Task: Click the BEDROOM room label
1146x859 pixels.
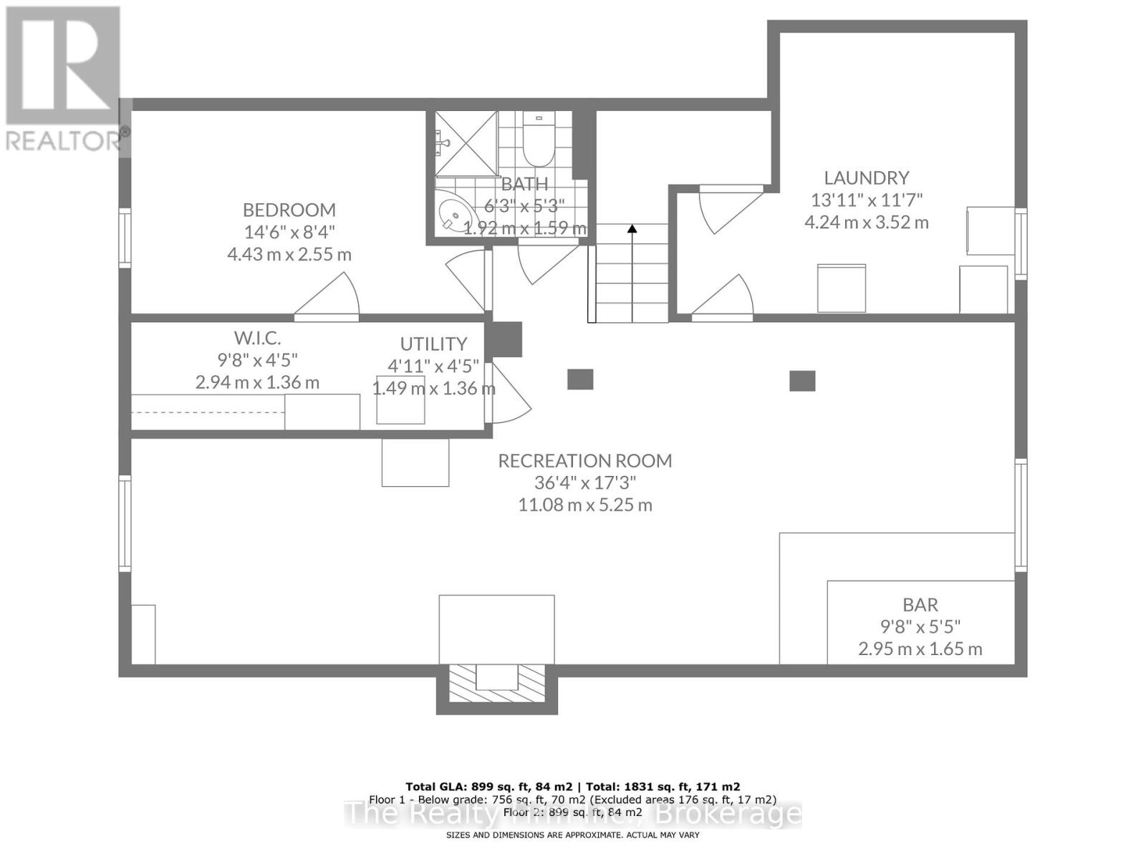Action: (x=289, y=210)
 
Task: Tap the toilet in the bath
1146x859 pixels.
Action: (x=535, y=140)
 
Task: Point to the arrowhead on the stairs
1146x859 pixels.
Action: (x=632, y=229)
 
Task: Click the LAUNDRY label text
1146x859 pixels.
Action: (x=866, y=178)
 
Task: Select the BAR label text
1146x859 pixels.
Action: (x=920, y=605)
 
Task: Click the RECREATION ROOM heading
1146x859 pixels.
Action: (x=584, y=460)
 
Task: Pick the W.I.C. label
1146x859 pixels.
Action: (x=257, y=337)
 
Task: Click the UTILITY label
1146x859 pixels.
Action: (x=433, y=344)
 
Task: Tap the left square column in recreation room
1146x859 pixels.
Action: (x=580, y=379)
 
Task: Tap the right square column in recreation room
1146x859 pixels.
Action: (x=802, y=381)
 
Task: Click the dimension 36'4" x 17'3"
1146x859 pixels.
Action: (x=584, y=482)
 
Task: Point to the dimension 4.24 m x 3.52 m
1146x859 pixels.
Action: (x=866, y=222)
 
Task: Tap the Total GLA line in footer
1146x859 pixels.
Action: (x=572, y=786)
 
